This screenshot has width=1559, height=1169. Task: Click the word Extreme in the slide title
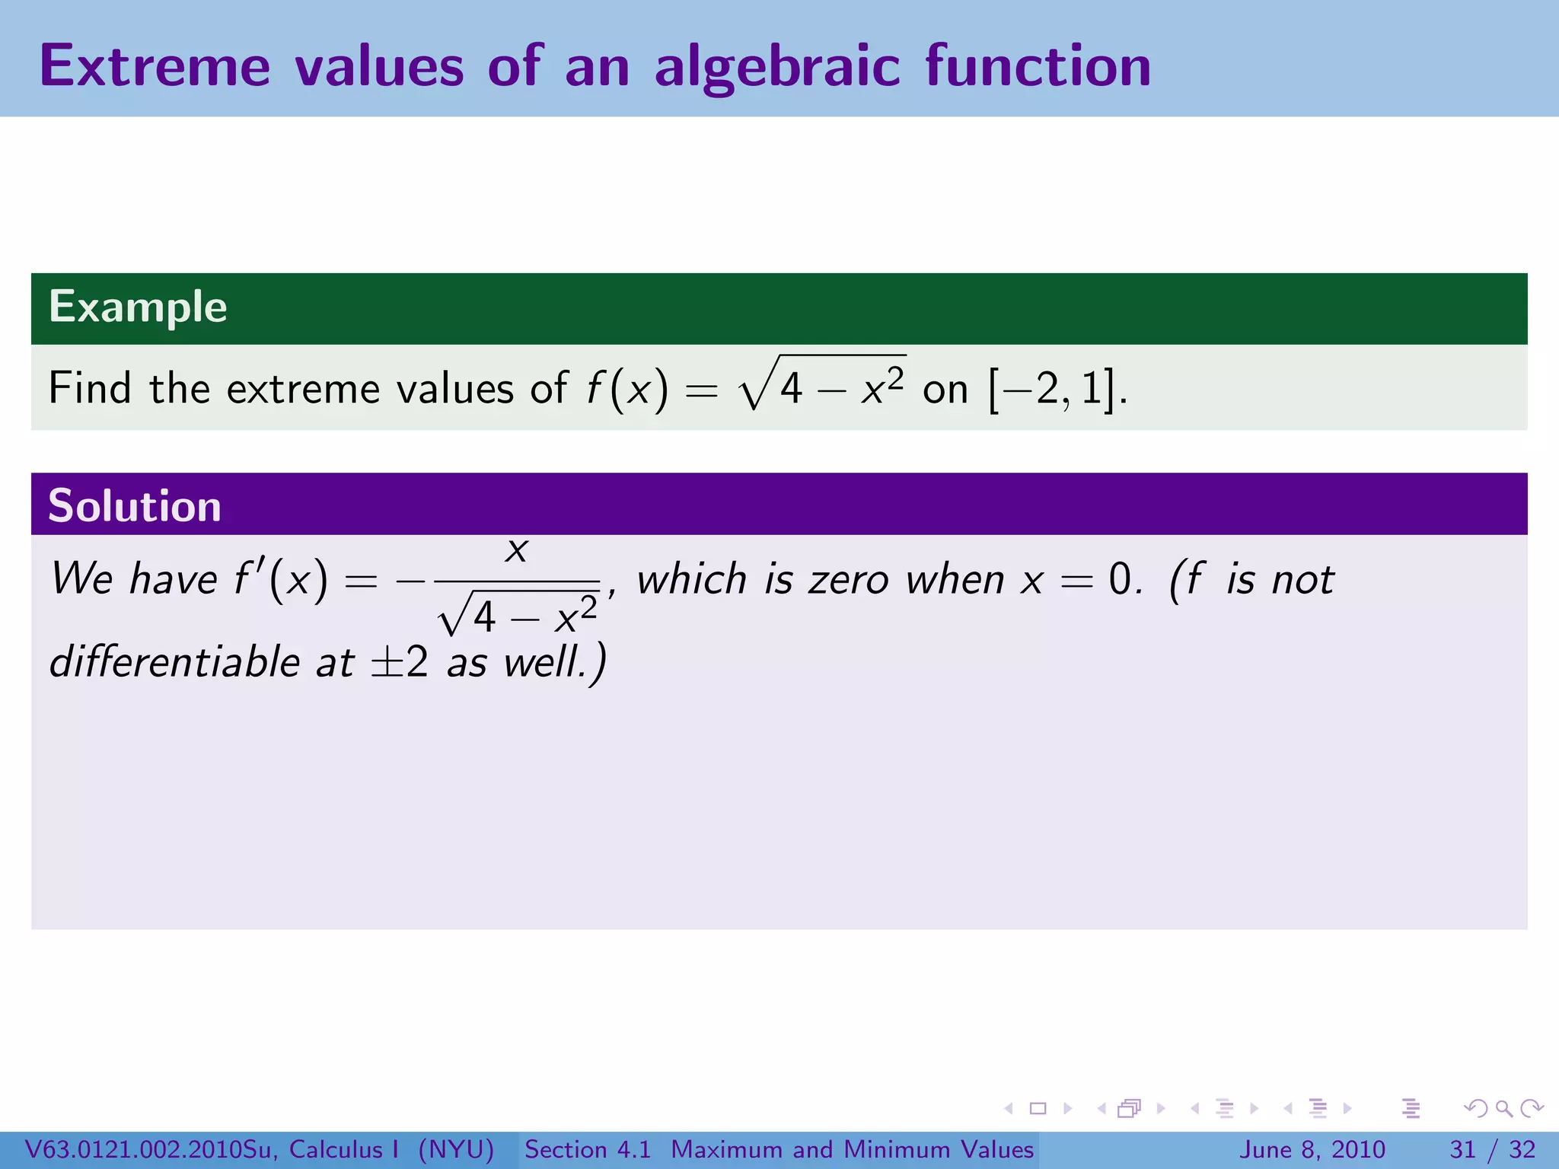[155, 66]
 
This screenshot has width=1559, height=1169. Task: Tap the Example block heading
[138, 307]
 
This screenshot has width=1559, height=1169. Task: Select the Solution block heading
[135, 506]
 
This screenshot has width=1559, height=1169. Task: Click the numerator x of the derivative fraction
[517, 549]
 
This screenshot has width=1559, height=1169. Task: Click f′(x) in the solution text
[281, 580]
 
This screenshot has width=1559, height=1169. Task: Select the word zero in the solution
[848, 580]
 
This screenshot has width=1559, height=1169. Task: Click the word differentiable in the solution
[175, 661]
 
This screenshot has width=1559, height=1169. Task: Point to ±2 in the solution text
[399, 661]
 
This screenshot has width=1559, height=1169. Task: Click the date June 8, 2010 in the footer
[1312, 1149]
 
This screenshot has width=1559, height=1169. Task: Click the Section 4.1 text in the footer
[588, 1149]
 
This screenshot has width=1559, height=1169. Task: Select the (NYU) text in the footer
[456, 1149]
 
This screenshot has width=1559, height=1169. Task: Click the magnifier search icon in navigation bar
[1503, 1108]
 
